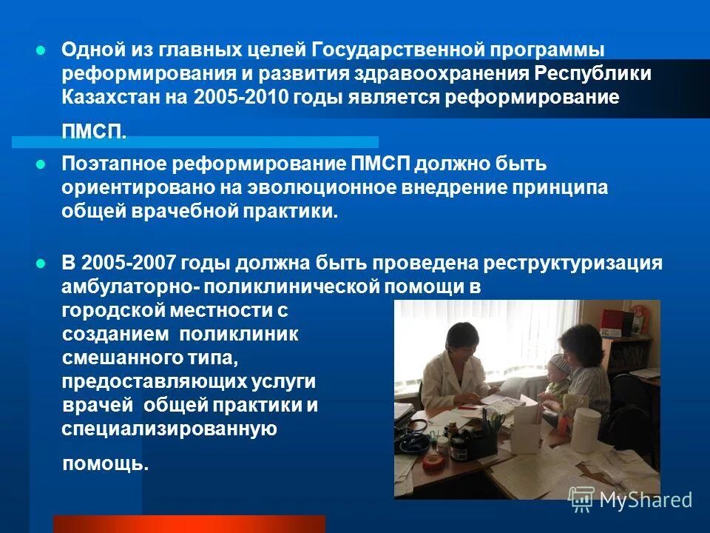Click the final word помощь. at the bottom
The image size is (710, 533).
point(106,464)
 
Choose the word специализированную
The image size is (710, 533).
point(169,429)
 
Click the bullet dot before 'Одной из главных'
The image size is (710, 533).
point(41,50)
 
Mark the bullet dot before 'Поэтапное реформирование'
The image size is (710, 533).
point(41,164)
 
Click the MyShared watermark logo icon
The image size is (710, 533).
point(581,500)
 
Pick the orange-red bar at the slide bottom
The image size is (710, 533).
point(189,524)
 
